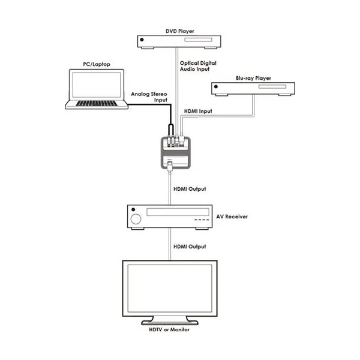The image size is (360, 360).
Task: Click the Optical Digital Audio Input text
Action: (199, 67)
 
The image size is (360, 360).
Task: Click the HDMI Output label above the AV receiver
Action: (190, 189)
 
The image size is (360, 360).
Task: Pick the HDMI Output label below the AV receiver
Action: (190, 247)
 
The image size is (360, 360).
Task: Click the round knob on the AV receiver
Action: (136, 218)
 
